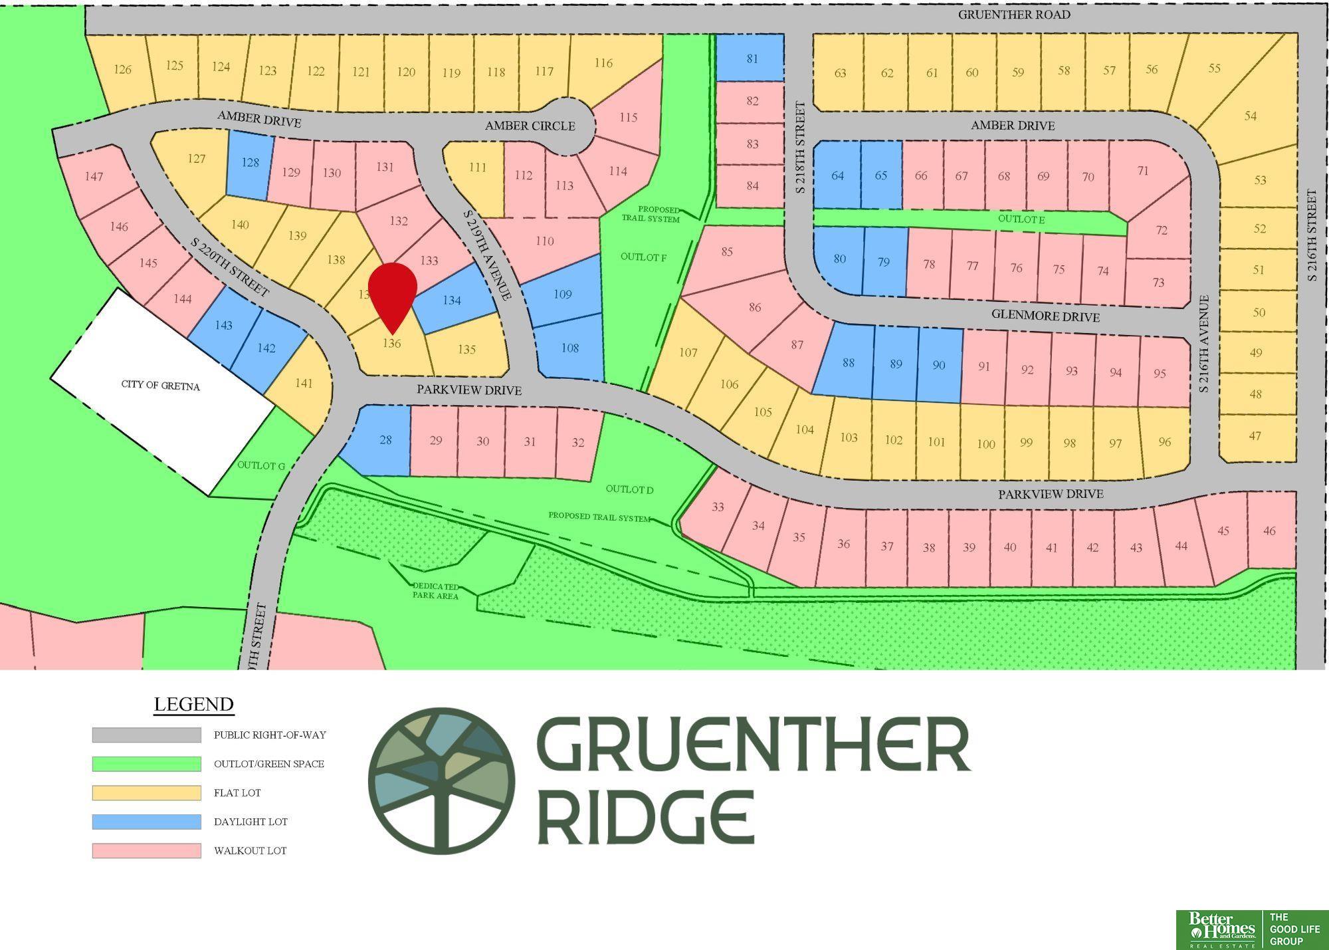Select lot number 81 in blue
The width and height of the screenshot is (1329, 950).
point(752,59)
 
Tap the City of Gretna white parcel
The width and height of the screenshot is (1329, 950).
point(161,386)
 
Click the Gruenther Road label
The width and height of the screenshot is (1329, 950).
point(1013,15)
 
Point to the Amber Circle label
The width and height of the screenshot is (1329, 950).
point(530,126)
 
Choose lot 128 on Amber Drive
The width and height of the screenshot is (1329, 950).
point(250,163)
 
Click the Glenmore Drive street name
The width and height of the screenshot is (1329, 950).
point(1045,316)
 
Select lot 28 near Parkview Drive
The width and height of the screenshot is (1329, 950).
point(385,440)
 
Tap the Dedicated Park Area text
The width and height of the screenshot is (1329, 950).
point(436,591)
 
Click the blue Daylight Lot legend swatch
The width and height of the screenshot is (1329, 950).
point(146,822)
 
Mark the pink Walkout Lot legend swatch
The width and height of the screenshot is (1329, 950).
point(146,850)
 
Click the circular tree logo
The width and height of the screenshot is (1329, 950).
point(441,780)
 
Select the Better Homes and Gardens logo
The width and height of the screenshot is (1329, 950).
point(1221,929)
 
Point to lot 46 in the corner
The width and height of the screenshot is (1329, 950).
point(1269,531)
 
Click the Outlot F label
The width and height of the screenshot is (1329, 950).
point(643,257)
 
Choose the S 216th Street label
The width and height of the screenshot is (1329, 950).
point(1311,235)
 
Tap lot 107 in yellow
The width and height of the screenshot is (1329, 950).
point(688,352)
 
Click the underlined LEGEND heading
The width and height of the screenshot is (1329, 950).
point(193,704)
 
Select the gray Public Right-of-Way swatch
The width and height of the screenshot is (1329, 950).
point(146,735)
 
